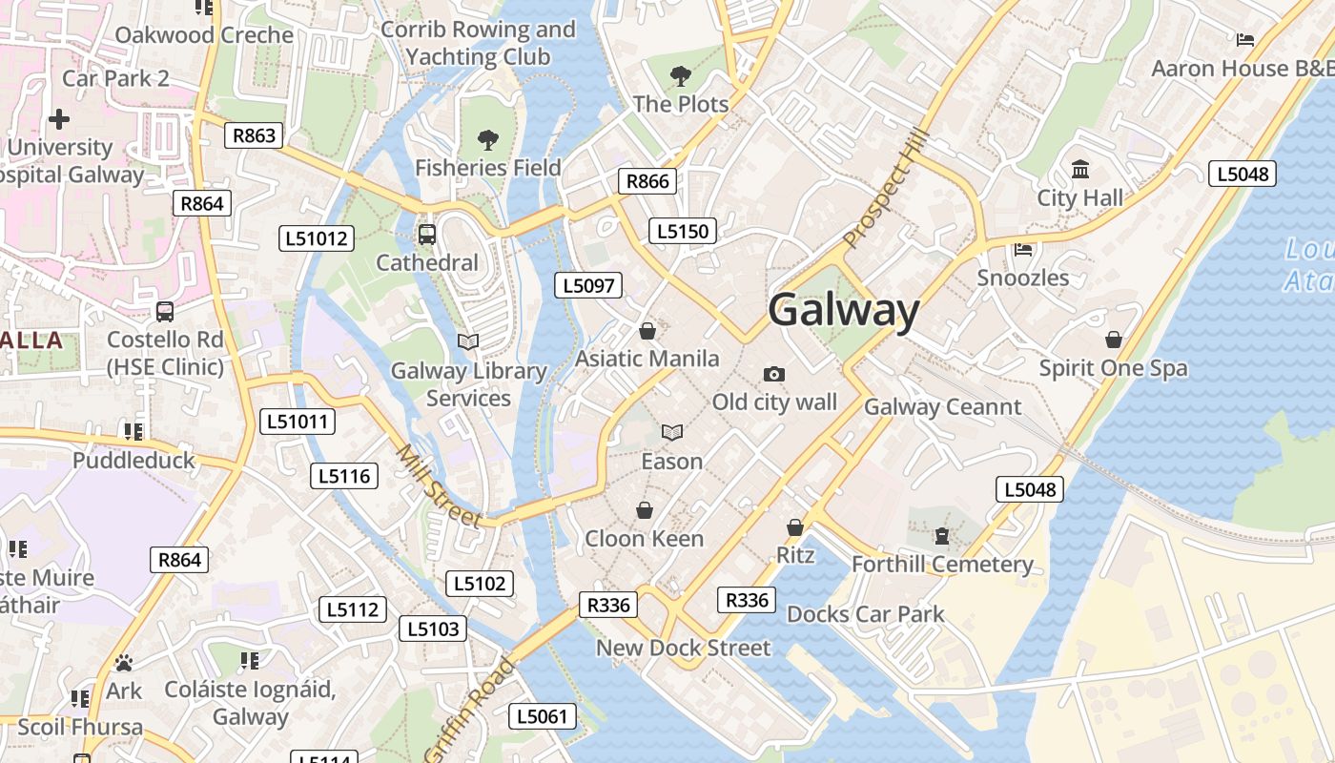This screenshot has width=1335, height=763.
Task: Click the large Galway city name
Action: point(843,311)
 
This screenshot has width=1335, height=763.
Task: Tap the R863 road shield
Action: point(255,135)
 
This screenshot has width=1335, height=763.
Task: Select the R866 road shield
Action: point(647,181)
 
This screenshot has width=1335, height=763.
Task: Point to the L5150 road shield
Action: point(682,231)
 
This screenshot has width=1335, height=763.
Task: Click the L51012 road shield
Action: point(317,238)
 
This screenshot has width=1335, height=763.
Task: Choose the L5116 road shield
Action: point(344,476)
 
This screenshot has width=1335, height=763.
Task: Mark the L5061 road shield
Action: point(543,716)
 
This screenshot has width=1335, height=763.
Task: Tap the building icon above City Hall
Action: point(1080,170)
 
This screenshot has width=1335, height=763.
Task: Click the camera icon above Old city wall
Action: point(774,374)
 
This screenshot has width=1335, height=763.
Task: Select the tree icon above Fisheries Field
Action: point(488,140)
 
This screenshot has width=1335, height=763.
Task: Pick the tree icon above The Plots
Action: point(680,76)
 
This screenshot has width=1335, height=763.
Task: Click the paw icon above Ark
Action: point(123,663)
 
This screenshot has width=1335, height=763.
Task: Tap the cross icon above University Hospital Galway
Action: point(59,119)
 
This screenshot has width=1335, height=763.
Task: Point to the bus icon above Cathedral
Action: point(426,234)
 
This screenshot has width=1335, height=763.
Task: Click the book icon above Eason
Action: point(672,433)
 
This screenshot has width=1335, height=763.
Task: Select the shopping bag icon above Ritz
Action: point(795,526)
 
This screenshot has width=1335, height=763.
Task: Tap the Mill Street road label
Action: point(439,486)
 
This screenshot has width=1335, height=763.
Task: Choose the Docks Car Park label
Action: point(865,614)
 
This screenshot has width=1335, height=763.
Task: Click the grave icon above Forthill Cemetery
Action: point(942,536)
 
